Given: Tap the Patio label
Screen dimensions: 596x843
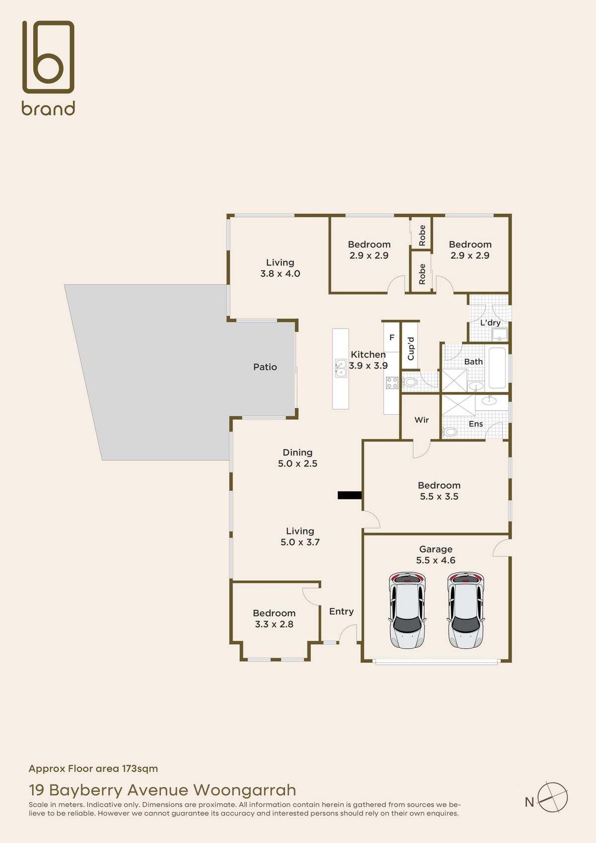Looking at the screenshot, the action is pyautogui.click(x=265, y=367).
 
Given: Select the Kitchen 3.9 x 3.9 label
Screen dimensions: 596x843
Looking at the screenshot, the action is pyautogui.click(x=368, y=360).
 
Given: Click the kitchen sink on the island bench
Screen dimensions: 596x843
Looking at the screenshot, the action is pyautogui.click(x=341, y=368).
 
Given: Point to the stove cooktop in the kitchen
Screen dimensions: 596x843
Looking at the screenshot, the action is pyautogui.click(x=392, y=383).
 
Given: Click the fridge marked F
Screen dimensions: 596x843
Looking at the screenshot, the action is pyautogui.click(x=392, y=338).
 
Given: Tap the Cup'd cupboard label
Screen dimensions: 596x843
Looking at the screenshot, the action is pyautogui.click(x=411, y=349).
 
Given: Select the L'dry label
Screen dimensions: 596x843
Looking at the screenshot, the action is pyautogui.click(x=490, y=323).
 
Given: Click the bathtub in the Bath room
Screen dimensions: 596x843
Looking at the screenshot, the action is pyautogui.click(x=497, y=368).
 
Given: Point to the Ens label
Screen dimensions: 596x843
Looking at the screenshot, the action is pyautogui.click(x=476, y=424).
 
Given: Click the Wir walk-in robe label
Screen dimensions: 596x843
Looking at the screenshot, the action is pyautogui.click(x=421, y=420).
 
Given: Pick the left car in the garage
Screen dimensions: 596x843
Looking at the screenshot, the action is pyautogui.click(x=407, y=611).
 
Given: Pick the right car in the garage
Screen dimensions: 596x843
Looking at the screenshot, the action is pyautogui.click(x=466, y=611).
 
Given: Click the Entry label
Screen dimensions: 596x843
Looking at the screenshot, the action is pyautogui.click(x=341, y=612).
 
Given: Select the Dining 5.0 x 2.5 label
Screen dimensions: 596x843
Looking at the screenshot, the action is pyautogui.click(x=298, y=458).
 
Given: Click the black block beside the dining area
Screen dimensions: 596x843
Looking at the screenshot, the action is pyautogui.click(x=350, y=495).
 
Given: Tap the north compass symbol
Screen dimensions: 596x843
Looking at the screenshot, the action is pyautogui.click(x=552, y=797).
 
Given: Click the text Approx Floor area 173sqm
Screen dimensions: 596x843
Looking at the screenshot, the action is pyautogui.click(x=93, y=768).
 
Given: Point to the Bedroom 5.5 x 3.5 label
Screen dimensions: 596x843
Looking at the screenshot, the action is pyautogui.click(x=439, y=491).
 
